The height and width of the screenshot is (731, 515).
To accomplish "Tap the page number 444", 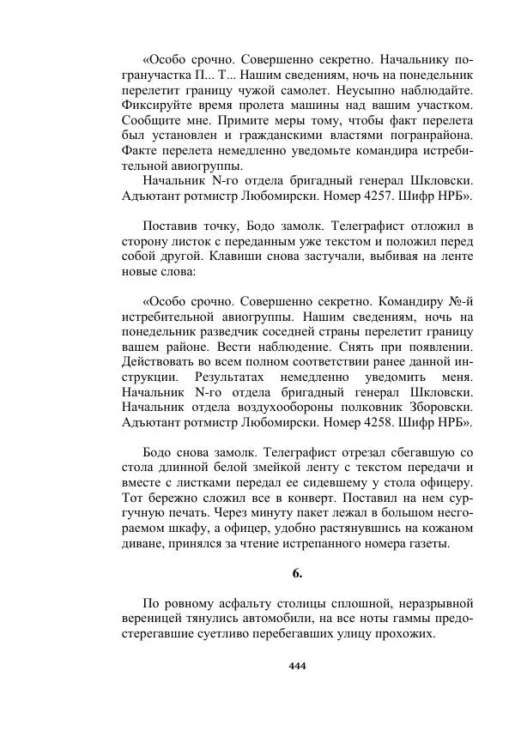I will [x=298, y=667].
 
